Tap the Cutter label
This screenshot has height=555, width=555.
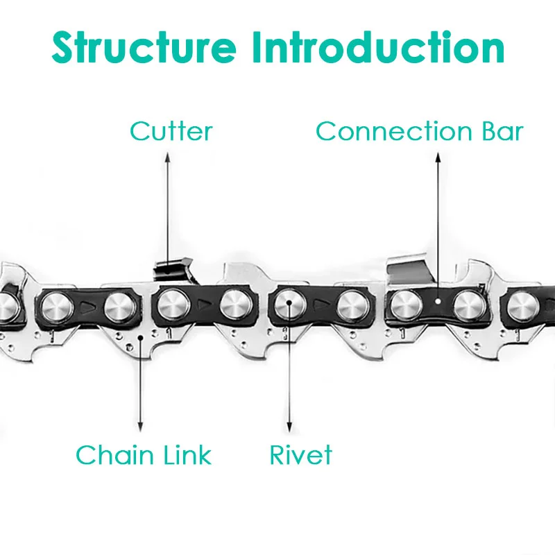click(x=171, y=131)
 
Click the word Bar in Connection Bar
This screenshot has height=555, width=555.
click(x=497, y=131)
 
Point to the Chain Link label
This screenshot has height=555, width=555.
click(x=143, y=455)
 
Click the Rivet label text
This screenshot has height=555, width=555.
click(x=300, y=455)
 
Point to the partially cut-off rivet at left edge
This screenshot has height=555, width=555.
click(x=6, y=304)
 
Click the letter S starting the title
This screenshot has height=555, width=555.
click(x=66, y=47)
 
